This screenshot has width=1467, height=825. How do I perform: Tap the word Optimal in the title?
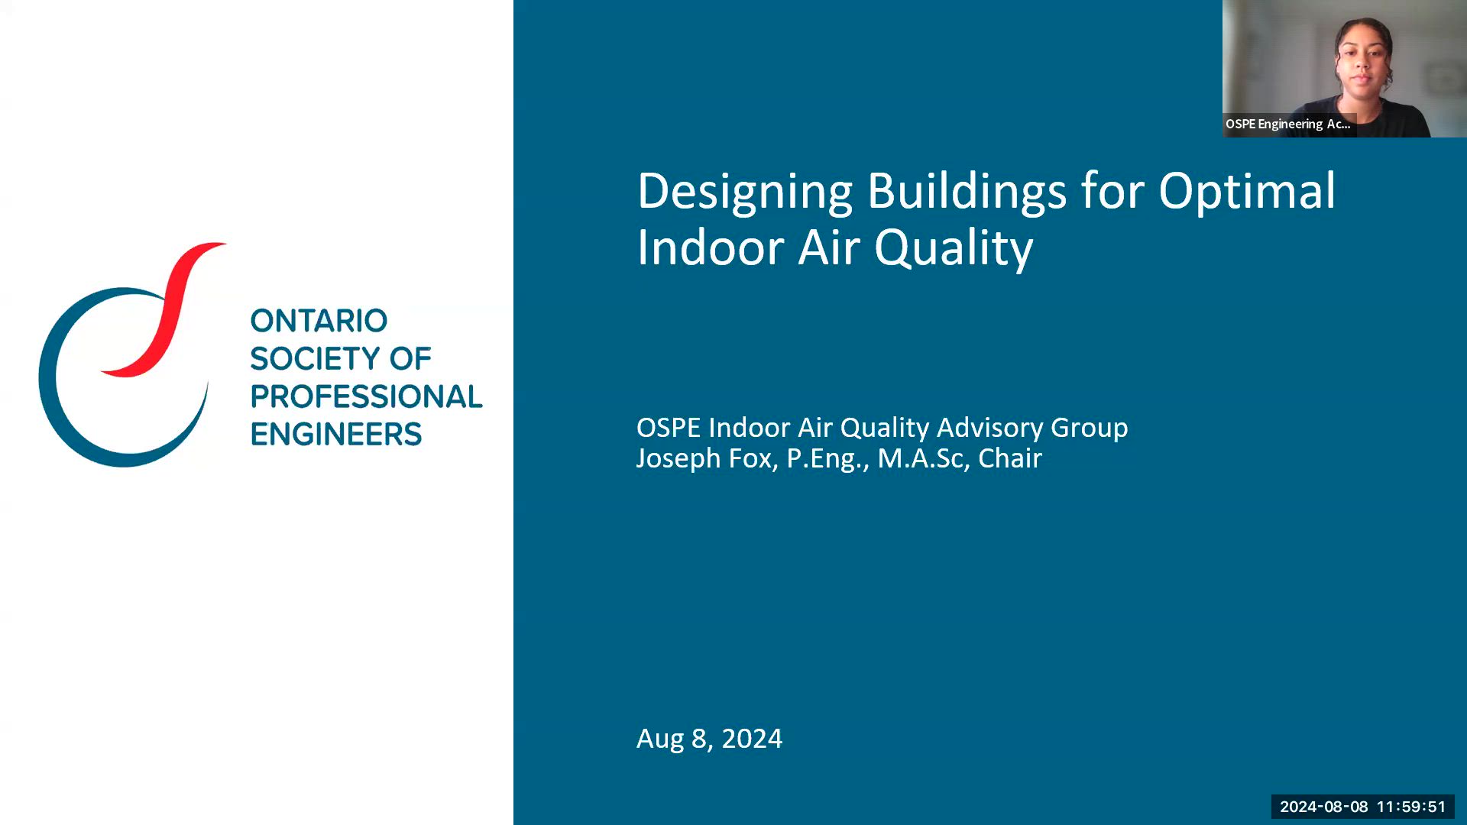[x=1247, y=192]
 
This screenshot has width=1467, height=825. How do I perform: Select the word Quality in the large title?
[x=953, y=248]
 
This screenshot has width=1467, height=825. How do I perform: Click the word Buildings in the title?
[x=966, y=192]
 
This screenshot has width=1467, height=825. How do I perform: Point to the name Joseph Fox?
[x=706, y=458]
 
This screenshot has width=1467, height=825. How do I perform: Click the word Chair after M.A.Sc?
[x=1009, y=458]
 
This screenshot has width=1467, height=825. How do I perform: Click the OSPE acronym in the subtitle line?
[x=669, y=427]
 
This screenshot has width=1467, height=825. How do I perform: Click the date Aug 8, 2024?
[x=709, y=739]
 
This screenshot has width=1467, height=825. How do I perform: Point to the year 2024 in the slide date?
[x=752, y=739]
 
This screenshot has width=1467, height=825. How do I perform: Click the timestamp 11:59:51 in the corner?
[x=1411, y=807]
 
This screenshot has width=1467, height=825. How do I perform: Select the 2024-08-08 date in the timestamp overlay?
[x=1323, y=807]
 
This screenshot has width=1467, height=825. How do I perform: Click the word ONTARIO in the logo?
[x=319, y=321]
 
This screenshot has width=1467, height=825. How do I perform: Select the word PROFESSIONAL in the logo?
[x=366, y=396]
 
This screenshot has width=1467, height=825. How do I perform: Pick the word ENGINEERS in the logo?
[x=335, y=435]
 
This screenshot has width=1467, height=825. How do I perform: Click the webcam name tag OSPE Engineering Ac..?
[x=1288, y=125]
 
